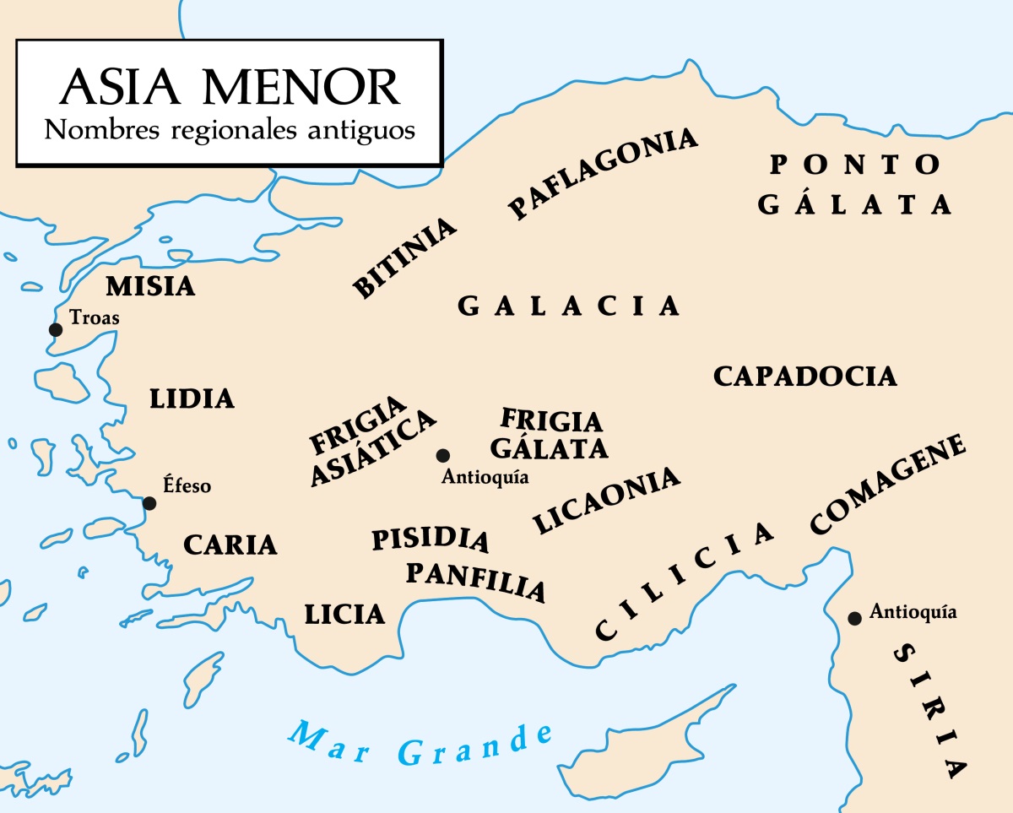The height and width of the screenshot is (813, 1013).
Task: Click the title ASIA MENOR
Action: pyautogui.click(x=230, y=87)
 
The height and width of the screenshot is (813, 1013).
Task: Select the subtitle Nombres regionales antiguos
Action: pyautogui.click(x=230, y=132)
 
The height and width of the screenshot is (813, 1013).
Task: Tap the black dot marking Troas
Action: pyautogui.click(x=56, y=329)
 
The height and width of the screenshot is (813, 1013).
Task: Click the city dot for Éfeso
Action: pyautogui.click(x=149, y=503)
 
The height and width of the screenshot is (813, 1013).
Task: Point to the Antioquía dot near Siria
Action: pyautogui.click(x=854, y=618)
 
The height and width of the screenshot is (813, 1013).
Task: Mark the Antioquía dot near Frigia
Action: pyautogui.click(x=442, y=455)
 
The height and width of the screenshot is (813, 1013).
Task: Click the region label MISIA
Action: pyautogui.click(x=150, y=286)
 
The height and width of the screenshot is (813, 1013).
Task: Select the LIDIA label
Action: pyautogui.click(x=192, y=398)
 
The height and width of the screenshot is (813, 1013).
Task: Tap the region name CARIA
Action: pyautogui.click(x=230, y=545)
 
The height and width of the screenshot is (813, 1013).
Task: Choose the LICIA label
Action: pyautogui.click(x=344, y=614)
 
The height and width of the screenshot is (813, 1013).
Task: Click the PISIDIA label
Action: pyautogui.click(x=431, y=539)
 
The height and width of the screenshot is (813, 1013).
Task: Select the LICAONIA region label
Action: pyautogui.click(x=607, y=500)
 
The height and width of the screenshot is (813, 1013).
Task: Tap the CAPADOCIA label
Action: pyautogui.click(x=804, y=377)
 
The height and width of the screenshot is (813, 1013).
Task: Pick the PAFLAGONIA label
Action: pyautogui.click(x=603, y=174)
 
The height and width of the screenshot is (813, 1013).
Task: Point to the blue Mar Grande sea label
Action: pyautogui.click(x=420, y=742)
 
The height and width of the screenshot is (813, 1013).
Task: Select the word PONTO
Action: pyautogui.click(x=855, y=164)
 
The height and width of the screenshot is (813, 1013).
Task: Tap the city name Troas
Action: pyautogui.click(x=95, y=318)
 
